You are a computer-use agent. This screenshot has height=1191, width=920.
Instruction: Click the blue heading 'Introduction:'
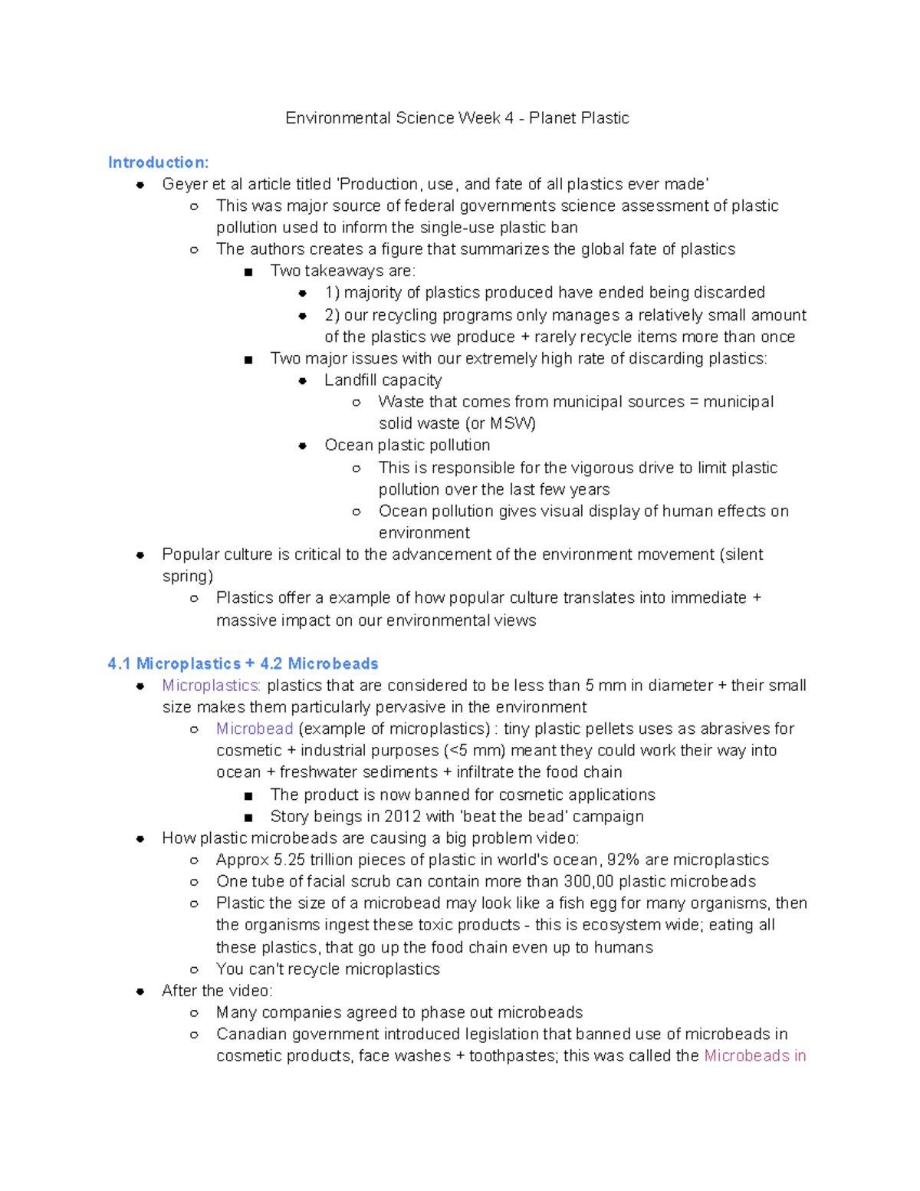point(158,163)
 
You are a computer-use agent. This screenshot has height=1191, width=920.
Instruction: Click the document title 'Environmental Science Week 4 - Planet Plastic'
point(457,118)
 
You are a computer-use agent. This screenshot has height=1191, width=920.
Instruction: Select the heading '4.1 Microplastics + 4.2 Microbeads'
point(243,663)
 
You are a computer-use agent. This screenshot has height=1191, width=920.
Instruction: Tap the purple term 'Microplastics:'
point(211,686)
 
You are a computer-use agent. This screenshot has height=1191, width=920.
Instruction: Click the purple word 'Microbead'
point(255,729)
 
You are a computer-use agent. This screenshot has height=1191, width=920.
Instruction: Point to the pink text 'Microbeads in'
point(754,1056)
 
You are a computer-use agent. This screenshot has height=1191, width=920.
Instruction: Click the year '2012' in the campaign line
point(402,817)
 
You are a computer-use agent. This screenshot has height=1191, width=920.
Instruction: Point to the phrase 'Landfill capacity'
point(383,380)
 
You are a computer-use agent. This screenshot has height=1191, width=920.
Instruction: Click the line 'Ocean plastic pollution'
point(407,446)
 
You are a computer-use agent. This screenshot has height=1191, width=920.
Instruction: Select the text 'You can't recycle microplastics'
point(327,969)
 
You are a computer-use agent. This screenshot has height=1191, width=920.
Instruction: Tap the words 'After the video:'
point(217,991)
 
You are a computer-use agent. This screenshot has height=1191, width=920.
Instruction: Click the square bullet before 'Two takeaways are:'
point(248,272)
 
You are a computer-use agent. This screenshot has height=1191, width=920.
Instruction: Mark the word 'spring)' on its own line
point(187,576)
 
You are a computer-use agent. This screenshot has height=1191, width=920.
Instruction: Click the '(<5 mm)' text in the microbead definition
point(475,751)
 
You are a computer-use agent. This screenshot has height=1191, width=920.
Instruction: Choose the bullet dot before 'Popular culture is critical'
point(140,555)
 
